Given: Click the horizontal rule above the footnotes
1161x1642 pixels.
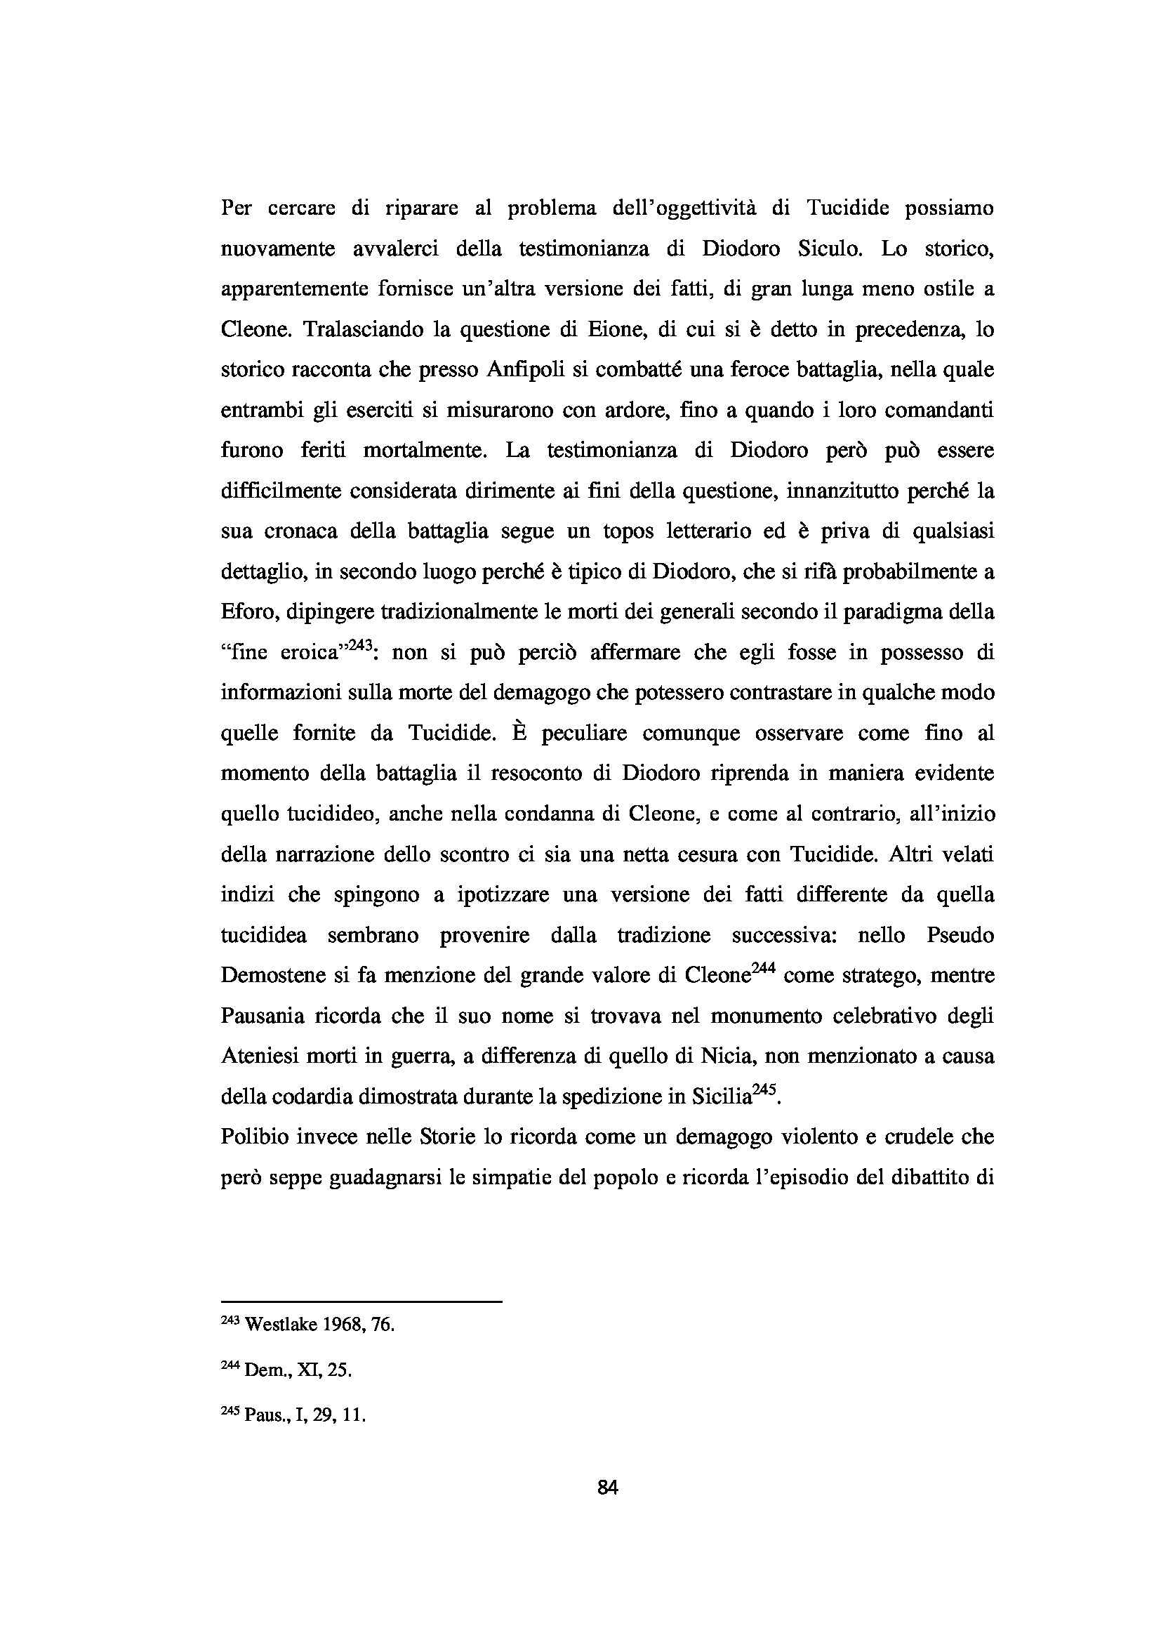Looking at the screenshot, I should (x=361, y=1302).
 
